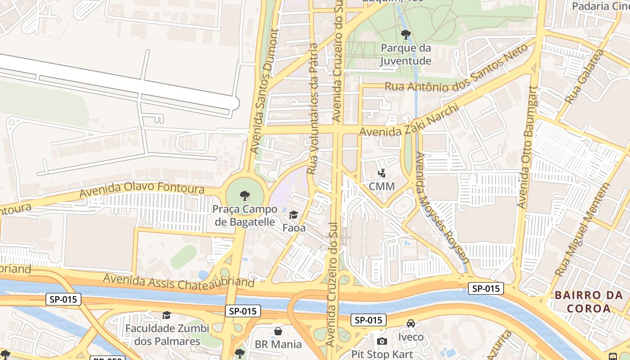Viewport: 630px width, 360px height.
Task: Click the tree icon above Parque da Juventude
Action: [405, 34]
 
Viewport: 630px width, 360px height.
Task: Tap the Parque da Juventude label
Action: [405, 54]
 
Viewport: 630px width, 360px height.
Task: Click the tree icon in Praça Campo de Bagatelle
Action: [245, 196]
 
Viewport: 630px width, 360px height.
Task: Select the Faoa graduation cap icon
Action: [294, 215]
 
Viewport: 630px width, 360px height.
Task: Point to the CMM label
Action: [382, 186]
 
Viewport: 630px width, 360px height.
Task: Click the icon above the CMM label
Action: [382, 173]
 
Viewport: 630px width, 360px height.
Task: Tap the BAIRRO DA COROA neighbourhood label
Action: [589, 302]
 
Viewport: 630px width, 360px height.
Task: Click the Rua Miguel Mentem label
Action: [582, 229]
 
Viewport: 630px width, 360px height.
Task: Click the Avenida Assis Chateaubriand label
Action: [179, 282]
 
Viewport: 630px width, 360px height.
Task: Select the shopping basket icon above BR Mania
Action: [278, 332]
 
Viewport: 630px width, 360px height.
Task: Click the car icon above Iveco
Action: [411, 324]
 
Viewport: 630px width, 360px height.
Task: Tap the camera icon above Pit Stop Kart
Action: [382, 342]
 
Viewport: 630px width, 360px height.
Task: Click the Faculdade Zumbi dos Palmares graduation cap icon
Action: [166, 315]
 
